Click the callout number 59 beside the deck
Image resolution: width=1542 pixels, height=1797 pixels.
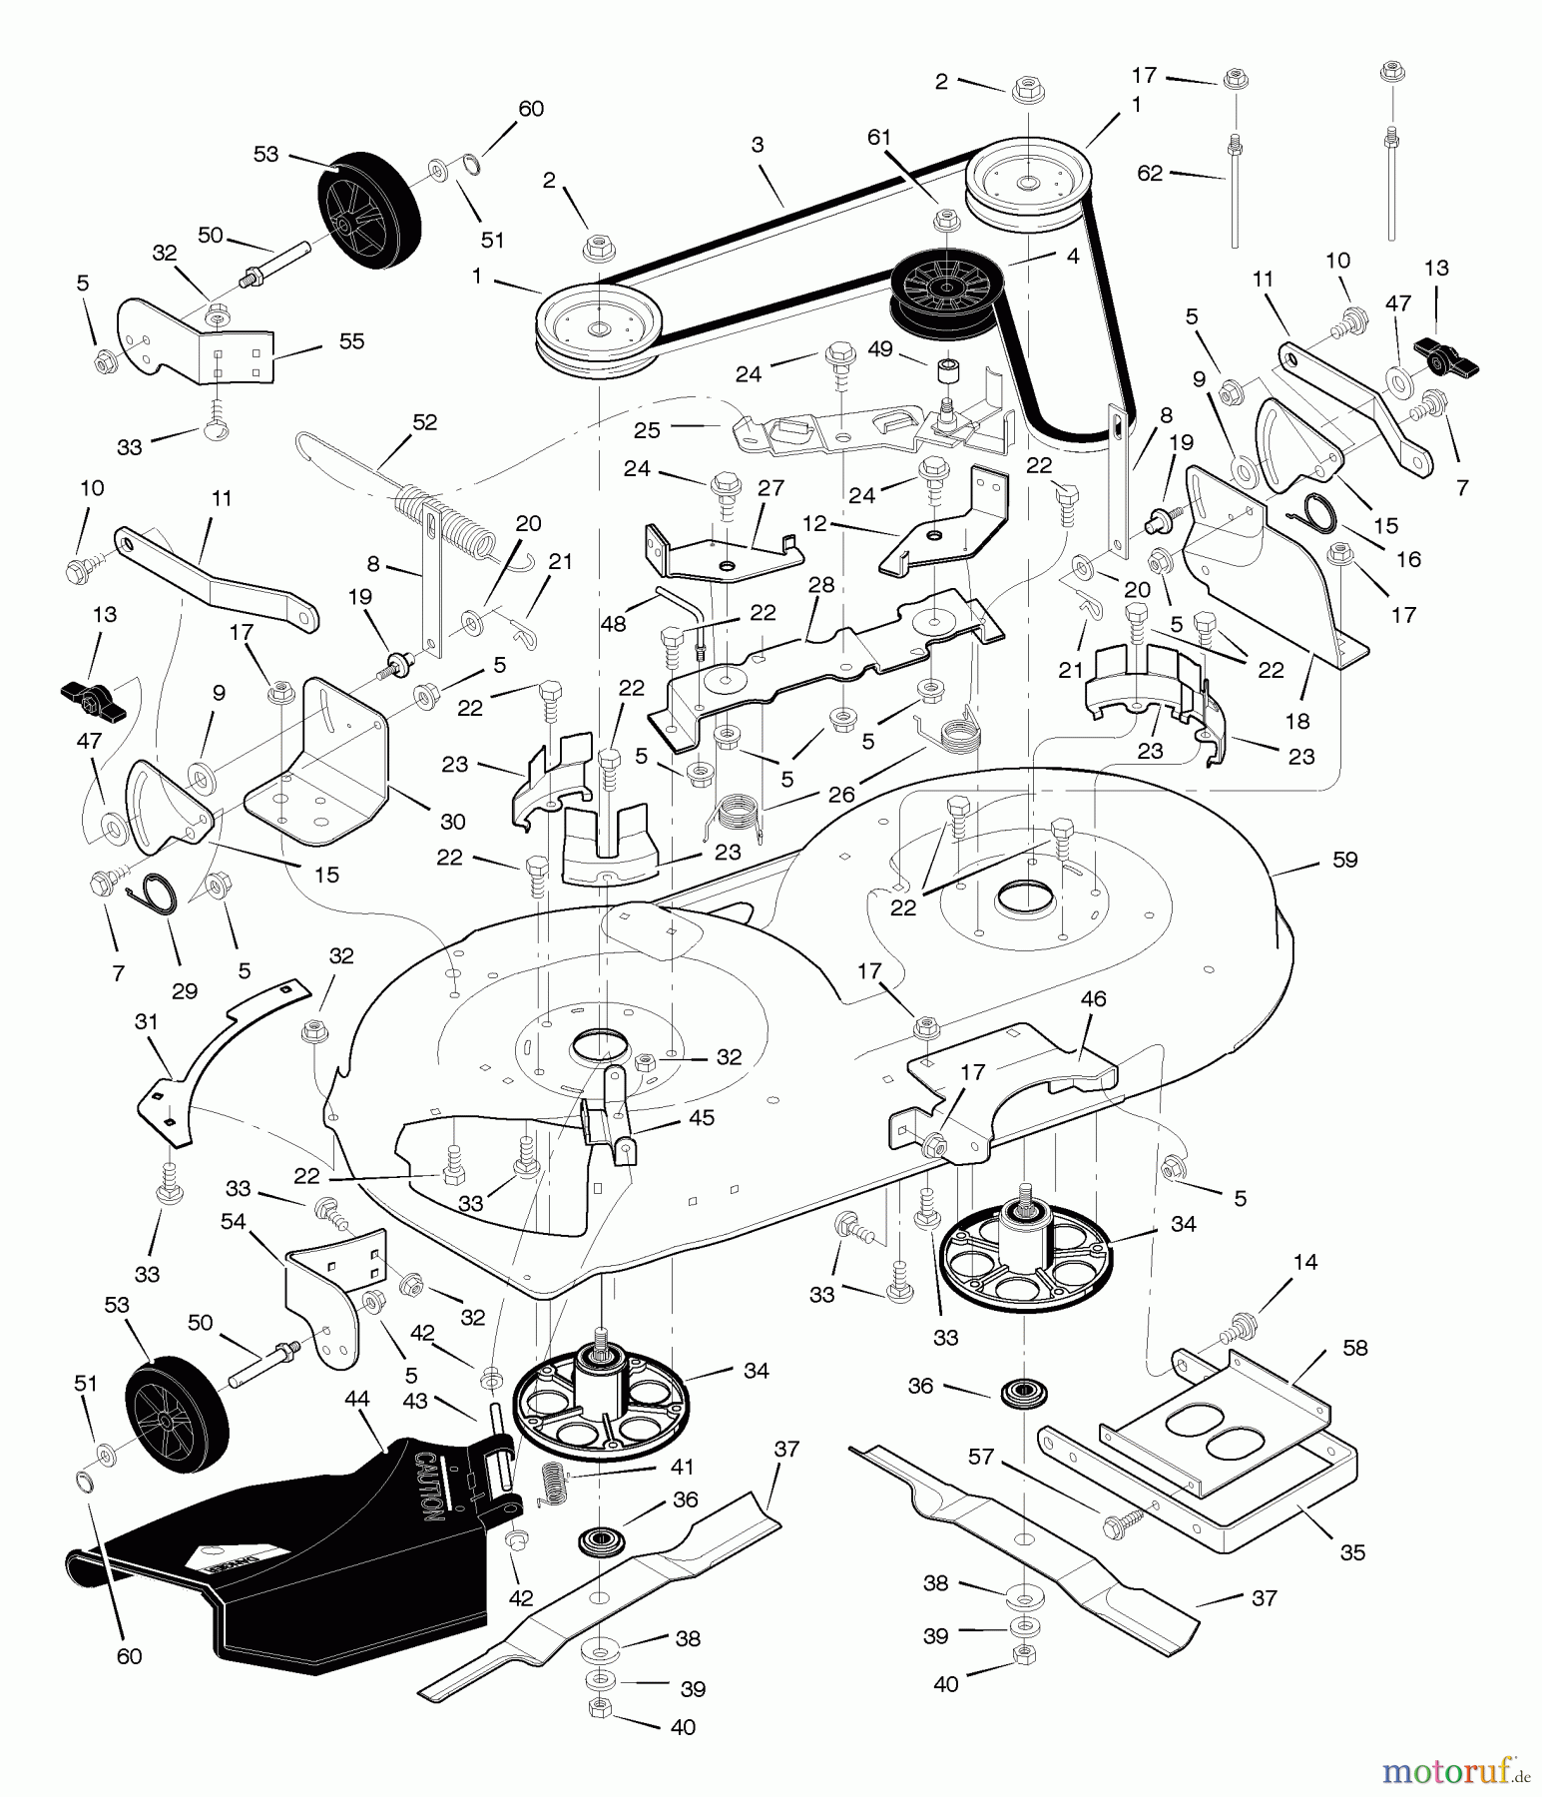(1344, 860)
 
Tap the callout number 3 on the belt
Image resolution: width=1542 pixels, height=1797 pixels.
(758, 145)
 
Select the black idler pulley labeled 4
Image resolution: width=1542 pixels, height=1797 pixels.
(939, 289)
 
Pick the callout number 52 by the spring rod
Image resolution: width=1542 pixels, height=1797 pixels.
(424, 422)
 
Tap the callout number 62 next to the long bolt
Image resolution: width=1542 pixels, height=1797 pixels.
(1150, 173)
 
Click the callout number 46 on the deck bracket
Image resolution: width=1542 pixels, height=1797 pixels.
(1093, 997)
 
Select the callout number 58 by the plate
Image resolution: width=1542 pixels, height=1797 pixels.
(1355, 1348)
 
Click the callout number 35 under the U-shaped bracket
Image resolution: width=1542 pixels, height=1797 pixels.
(1352, 1552)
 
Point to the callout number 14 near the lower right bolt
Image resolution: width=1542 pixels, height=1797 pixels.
(1304, 1262)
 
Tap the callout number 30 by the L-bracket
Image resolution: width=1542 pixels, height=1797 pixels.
(453, 822)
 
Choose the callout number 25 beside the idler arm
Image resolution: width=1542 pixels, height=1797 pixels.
(647, 430)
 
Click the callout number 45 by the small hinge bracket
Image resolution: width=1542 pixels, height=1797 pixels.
(702, 1117)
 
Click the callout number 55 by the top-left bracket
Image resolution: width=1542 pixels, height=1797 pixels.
(351, 340)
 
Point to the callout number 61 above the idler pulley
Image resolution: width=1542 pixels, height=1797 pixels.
(878, 137)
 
